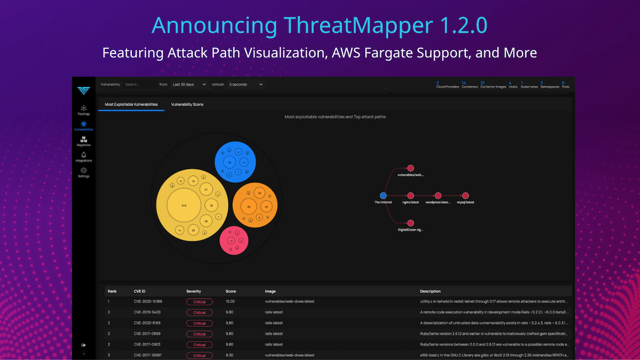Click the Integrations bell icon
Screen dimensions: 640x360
point(84,155)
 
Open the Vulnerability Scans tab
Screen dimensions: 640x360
point(187,104)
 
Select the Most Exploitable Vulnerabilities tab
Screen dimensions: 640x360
point(131,104)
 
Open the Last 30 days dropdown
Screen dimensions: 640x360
point(190,84)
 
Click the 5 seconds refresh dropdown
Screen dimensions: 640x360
point(245,84)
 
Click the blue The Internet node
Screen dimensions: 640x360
point(383,196)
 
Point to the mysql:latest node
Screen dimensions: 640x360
point(466,196)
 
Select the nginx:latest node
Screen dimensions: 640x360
point(411,196)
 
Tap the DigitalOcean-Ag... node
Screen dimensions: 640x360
point(411,223)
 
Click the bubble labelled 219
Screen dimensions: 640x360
point(184,205)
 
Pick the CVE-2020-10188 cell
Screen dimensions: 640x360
point(148,301)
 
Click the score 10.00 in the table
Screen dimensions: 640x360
point(230,301)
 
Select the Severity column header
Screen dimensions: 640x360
point(194,291)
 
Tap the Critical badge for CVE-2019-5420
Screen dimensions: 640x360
point(199,312)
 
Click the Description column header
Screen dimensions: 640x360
point(430,291)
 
